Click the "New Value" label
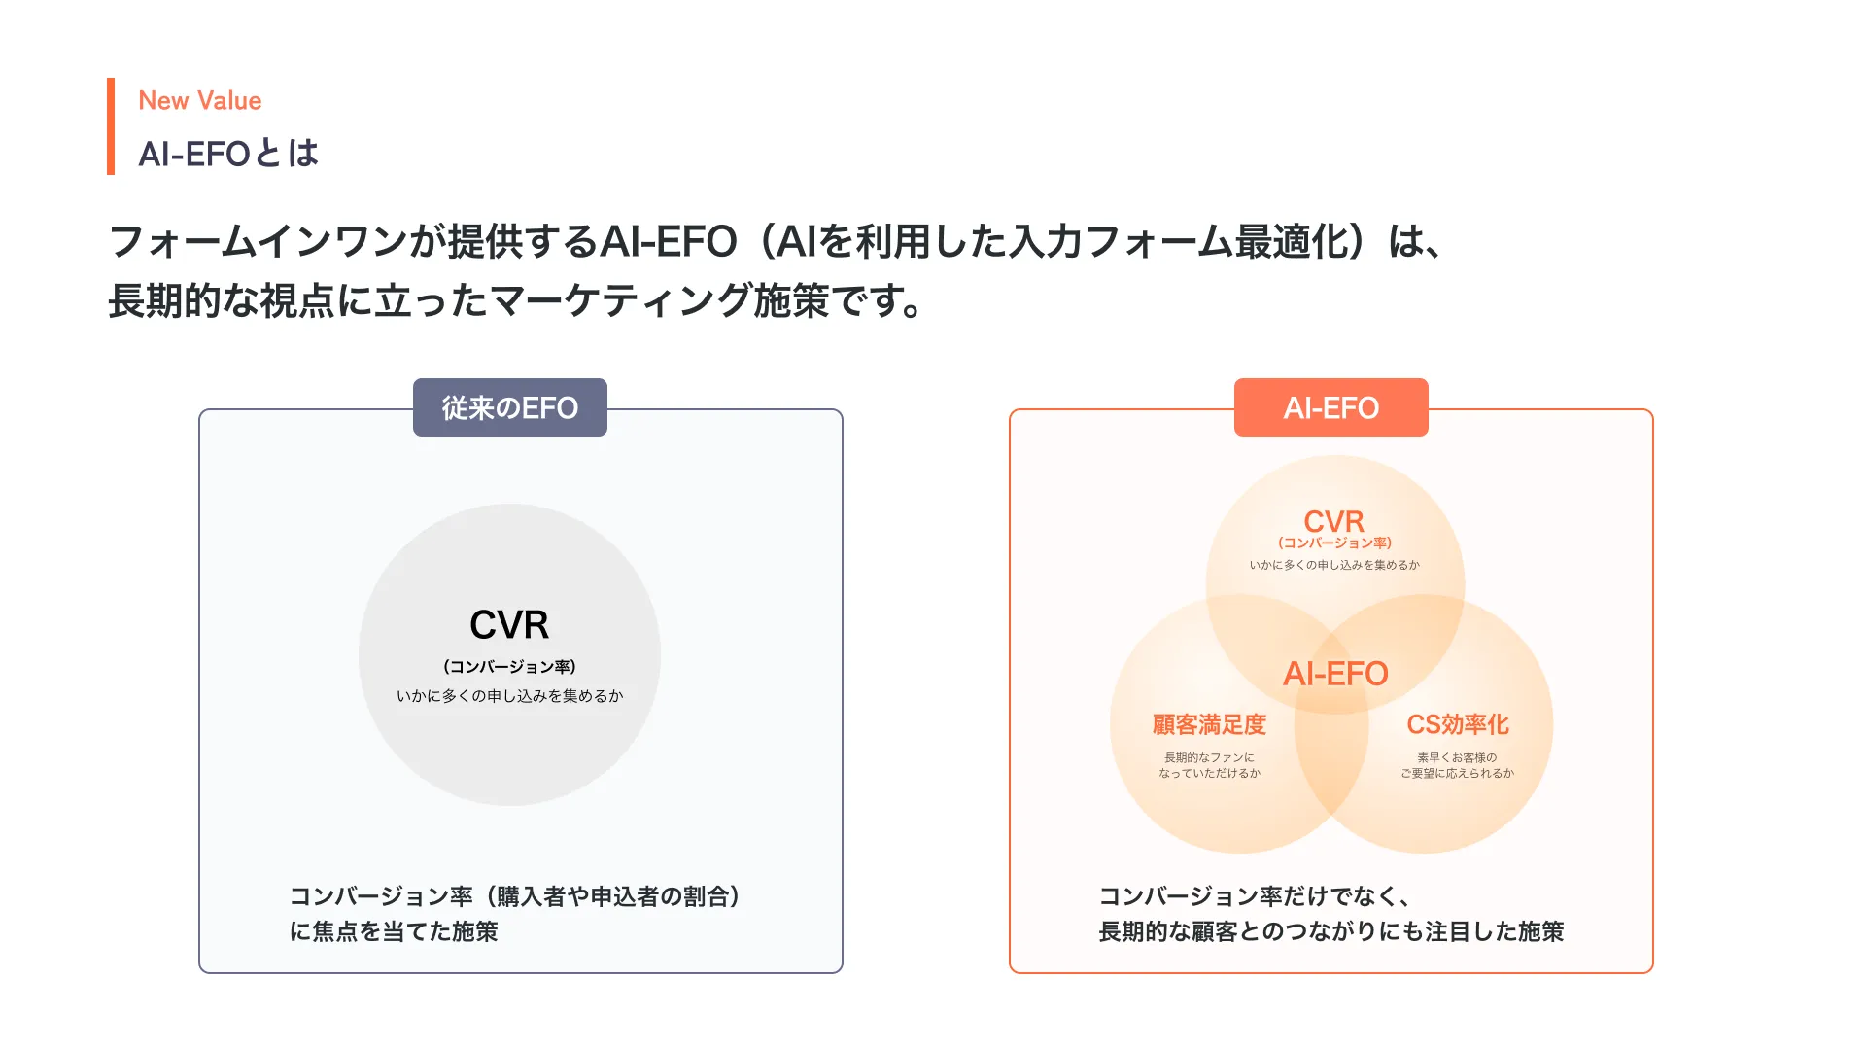point(199,101)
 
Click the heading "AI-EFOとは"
point(228,154)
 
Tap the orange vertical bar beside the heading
point(111,126)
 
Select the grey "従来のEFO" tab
point(510,407)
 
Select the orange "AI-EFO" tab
point(1330,407)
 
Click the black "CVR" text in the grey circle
point(509,625)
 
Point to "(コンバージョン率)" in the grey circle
point(509,667)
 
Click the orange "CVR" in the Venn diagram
point(1333,521)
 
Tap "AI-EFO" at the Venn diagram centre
point(1335,674)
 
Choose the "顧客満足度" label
point(1209,724)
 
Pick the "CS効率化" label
point(1457,724)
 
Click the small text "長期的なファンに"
point(1209,757)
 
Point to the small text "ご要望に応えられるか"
point(1457,774)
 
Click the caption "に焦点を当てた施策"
point(394,931)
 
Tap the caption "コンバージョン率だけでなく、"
point(1254,896)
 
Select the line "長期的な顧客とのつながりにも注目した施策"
point(1330,931)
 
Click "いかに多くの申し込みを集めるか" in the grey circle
point(509,696)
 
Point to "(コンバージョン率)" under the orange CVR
point(1334,543)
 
